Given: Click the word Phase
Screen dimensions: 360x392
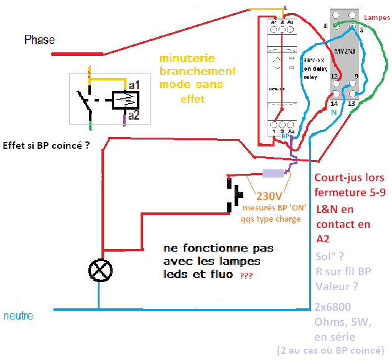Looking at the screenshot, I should [x=39, y=40].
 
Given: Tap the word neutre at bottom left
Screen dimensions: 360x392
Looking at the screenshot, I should [x=18, y=316].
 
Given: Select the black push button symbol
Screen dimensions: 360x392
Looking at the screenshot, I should [x=236, y=194].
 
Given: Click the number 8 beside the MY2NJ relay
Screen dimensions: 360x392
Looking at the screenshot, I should [x=325, y=26].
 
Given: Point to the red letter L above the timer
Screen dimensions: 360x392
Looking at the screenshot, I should [x=285, y=7].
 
